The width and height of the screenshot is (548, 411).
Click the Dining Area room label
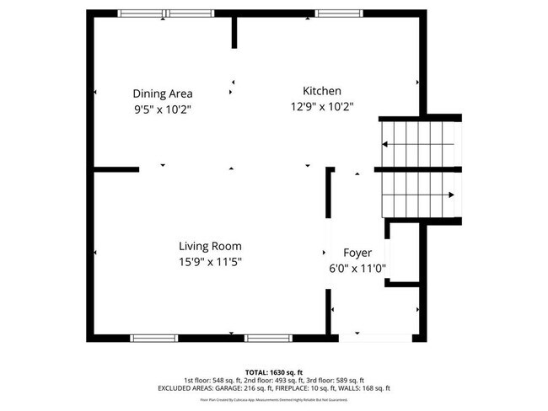click(x=163, y=93)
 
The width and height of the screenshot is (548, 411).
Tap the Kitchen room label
click(x=322, y=91)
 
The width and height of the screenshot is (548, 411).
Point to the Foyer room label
click(x=357, y=253)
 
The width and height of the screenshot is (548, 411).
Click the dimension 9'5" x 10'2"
click(x=163, y=109)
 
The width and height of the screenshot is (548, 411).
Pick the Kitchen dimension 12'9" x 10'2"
click(x=321, y=106)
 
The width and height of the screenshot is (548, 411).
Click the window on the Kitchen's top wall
click(x=340, y=13)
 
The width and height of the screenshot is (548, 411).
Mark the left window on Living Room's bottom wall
click(x=154, y=338)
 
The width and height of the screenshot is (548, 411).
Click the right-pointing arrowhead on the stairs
click(x=452, y=195)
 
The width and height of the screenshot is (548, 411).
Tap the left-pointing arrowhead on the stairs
click(x=385, y=144)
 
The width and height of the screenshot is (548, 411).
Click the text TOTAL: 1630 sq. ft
click(x=274, y=371)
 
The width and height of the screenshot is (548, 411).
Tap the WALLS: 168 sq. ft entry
click(x=368, y=388)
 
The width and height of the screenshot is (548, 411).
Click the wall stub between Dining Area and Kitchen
click(x=234, y=30)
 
